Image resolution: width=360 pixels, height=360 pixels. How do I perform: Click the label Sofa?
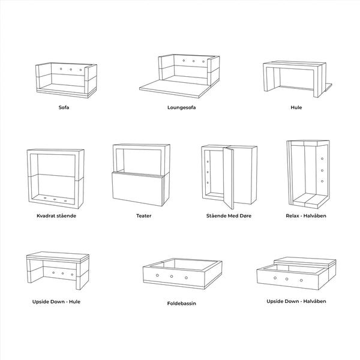click(x=64, y=107)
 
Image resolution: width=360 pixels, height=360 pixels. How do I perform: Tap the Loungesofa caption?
click(x=181, y=107)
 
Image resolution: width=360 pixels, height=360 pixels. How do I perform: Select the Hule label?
click(x=296, y=107)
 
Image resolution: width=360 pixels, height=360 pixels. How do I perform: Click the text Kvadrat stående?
click(x=56, y=216)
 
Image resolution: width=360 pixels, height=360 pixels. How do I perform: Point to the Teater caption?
click(x=144, y=216)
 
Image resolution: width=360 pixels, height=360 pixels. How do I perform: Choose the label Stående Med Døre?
click(x=229, y=216)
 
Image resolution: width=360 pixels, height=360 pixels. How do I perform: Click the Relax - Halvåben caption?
click(x=306, y=216)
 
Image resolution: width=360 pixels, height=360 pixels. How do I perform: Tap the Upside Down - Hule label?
click(x=56, y=302)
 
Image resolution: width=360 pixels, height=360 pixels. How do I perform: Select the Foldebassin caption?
click(x=181, y=304)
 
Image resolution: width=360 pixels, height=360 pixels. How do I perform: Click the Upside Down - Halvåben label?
click(x=296, y=301)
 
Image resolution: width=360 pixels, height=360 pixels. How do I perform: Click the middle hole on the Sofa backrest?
click(x=71, y=70)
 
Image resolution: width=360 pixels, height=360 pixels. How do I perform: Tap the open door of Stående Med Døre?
click(x=229, y=178)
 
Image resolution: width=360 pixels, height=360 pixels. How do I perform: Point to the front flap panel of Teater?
click(x=137, y=189)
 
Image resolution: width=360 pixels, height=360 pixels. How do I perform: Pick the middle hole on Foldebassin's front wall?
click(x=172, y=277)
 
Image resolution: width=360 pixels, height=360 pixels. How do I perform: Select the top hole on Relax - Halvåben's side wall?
click(x=322, y=158)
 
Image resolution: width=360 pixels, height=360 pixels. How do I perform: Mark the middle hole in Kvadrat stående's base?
click(x=55, y=199)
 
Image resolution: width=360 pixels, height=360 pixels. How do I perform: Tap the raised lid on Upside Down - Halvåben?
click(x=305, y=262)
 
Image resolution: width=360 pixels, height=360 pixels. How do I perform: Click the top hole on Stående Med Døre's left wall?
click(x=208, y=162)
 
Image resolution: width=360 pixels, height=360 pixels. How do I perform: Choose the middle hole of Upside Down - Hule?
click(x=62, y=274)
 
